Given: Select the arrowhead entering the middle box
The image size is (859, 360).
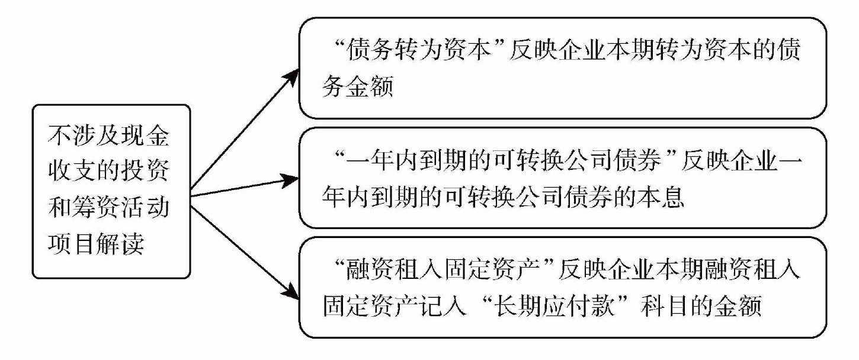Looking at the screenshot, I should coord(291,178).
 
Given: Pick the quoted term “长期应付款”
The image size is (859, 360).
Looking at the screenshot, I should coord(568,308).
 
